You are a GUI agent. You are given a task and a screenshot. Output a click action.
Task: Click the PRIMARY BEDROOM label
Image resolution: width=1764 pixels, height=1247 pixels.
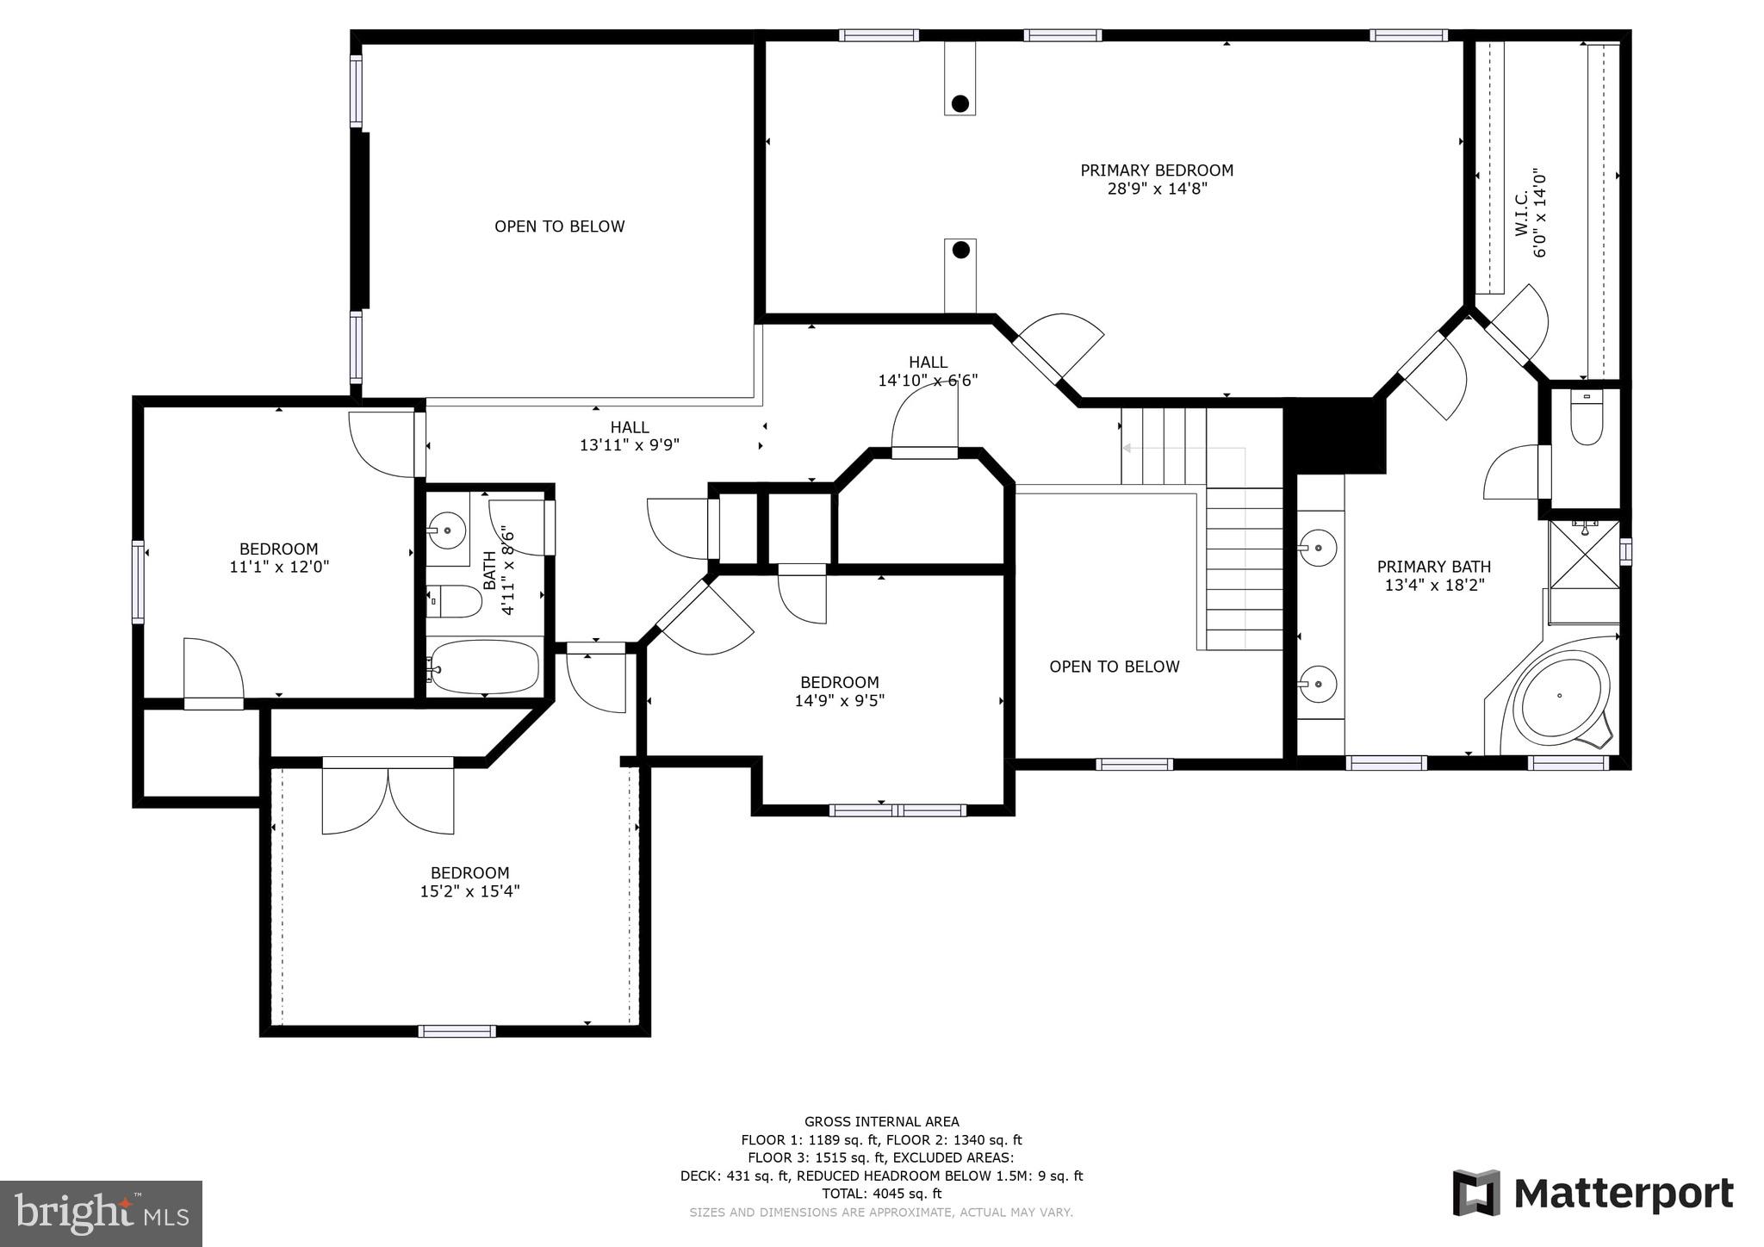click(1157, 171)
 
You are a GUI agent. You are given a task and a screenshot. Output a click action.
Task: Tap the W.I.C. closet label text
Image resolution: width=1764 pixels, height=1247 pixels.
click(1522, 214)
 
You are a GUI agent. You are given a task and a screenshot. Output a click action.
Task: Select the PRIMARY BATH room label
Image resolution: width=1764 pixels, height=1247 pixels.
click(1433, 567)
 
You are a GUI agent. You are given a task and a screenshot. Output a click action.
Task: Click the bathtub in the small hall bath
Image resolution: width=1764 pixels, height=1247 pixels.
click(485, 666)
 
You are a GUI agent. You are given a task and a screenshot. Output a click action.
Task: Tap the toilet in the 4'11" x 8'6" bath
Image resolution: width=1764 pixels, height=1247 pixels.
click(454, 601)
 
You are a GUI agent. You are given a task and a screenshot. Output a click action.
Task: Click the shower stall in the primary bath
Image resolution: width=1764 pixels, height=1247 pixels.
click(1584, 555)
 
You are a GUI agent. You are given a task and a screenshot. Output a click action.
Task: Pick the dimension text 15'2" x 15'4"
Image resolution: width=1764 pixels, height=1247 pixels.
click(469, 891)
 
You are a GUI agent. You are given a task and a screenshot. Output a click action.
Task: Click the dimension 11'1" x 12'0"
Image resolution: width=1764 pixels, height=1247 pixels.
click(279, 568)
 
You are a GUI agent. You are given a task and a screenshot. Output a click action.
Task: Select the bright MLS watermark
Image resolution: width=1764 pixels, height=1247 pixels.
click(102, 1213)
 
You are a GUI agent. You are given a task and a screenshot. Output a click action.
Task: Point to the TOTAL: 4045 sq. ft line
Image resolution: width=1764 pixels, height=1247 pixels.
click(881, 1194)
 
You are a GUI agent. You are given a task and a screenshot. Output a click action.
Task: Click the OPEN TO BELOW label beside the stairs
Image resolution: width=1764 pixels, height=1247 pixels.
click(1114, 667)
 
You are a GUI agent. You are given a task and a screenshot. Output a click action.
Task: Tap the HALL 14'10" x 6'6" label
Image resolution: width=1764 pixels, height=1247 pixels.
click(928, 371)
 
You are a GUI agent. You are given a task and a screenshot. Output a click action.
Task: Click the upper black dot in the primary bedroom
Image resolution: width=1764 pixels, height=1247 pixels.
click(960, 104)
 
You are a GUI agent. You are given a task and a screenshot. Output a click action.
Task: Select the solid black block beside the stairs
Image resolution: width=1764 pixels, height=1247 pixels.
click(1334, 435)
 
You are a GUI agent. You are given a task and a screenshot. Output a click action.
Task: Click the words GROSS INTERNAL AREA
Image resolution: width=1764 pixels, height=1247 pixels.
click(881, 1121)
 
